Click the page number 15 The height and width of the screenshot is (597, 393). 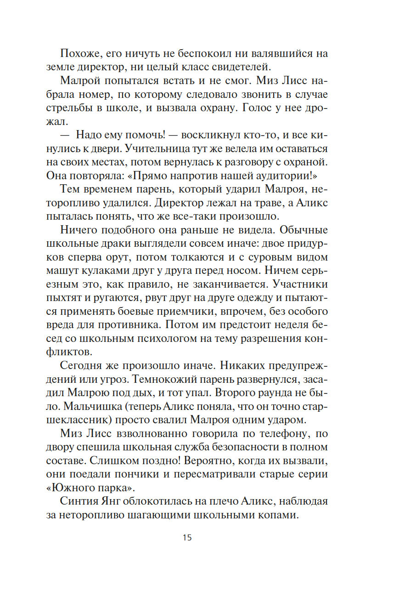[187, 537]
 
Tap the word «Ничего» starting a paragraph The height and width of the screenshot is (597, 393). [81, 230]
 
